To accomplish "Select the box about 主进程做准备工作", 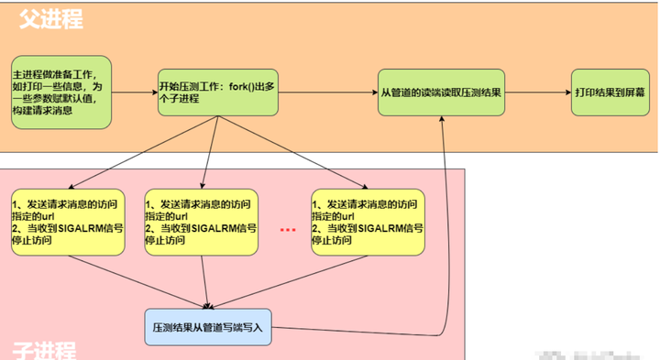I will point(61,92).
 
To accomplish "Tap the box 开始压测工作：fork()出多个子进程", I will point(218,93).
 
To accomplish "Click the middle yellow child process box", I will point(202,222).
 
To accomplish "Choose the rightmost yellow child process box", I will point(368,222).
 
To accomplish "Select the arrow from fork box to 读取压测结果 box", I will point(329,93).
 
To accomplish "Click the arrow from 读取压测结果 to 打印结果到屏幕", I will point(541,93).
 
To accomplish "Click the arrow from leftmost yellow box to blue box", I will point(137,279).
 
